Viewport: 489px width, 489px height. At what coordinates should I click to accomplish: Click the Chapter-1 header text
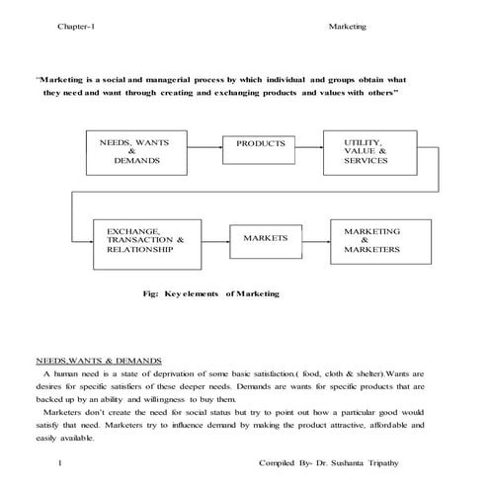point(76,26)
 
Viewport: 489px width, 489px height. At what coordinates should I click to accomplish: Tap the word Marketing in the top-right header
point(347,26)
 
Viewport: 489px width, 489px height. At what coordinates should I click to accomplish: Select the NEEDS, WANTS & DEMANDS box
point(134,151)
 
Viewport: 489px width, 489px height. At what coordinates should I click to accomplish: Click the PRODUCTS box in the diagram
point(260,143)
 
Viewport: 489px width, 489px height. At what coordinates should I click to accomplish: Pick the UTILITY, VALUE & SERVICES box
point(365,151)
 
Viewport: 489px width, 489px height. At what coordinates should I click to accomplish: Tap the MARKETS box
point(265,239)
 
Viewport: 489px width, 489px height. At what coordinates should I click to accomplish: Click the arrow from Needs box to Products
point(203,144)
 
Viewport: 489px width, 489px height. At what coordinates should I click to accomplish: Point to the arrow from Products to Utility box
point(310,144)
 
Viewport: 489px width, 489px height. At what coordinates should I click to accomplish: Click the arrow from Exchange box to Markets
point(213,240)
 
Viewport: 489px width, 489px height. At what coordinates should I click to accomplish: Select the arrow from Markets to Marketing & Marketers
point(317,240)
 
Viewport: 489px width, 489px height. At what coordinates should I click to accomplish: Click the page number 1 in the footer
point(61,462)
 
